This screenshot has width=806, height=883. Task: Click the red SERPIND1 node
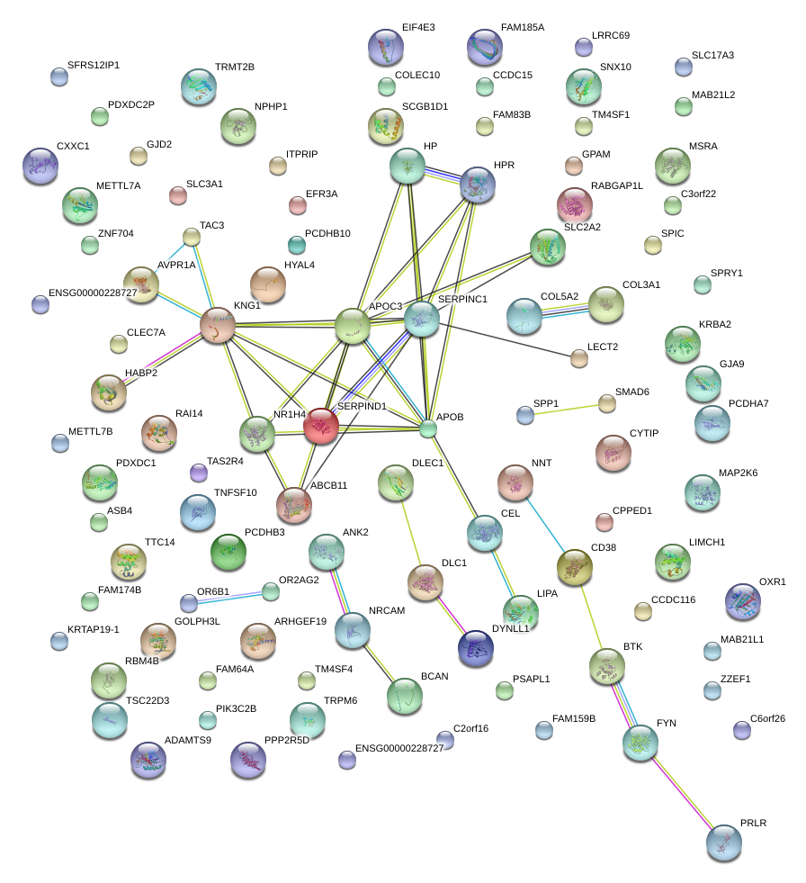coord(321,426)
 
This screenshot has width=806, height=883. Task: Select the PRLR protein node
coord(723,842)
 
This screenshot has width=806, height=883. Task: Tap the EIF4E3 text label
coord(418,28)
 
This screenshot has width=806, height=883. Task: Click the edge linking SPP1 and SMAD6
coord(566,409)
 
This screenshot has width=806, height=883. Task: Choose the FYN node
coord(640,743)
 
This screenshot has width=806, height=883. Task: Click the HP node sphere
coord(407,167)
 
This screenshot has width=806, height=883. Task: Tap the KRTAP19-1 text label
coord(94,629)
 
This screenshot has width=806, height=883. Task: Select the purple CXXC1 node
coord(40,166)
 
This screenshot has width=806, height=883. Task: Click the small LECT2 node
coord(579,359)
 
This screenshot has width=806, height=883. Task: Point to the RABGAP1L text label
coord(617,186)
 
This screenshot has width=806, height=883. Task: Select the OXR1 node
coord(742,601)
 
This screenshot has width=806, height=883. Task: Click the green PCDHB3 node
coord(228,552)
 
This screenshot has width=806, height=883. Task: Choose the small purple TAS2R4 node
coord(199,472)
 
